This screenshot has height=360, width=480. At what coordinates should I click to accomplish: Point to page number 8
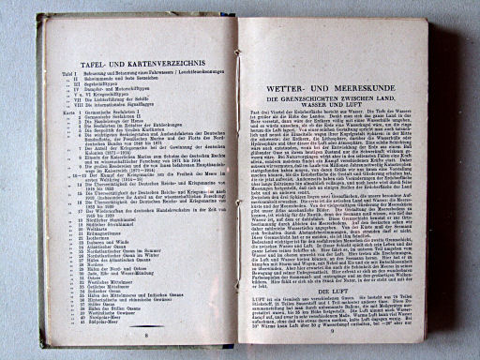[146, 333]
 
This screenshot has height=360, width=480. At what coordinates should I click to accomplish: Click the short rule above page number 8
[146, 325]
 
